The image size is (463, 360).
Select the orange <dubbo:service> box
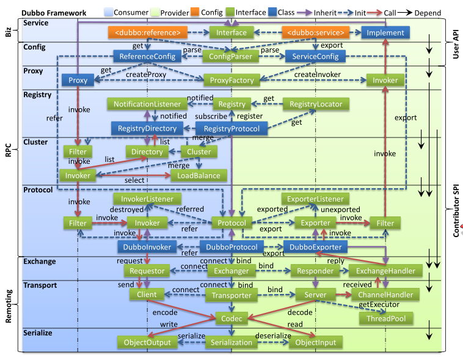[x=314, y=32]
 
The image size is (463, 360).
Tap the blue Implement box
[x=385, y=32]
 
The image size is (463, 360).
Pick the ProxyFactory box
[x=231, y=80]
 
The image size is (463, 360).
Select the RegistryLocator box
[x=316, y=105]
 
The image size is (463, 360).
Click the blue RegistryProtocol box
[x=231, y=128]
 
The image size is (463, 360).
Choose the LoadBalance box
[x=199, y=175]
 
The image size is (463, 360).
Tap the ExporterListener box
[x=315, y=199]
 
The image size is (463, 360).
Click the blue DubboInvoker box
[x=148, y=247]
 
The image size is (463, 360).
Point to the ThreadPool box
[x=386, y=318]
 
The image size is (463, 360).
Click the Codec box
[x=231, y=318]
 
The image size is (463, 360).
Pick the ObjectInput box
[x=315, y=342]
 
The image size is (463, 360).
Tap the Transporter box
[x=231, y=295]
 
